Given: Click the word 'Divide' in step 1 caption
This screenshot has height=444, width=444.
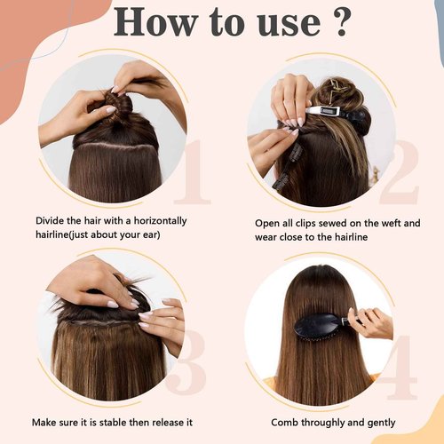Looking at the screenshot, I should point(52,220).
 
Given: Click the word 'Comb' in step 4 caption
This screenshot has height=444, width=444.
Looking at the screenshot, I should point(272,423).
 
